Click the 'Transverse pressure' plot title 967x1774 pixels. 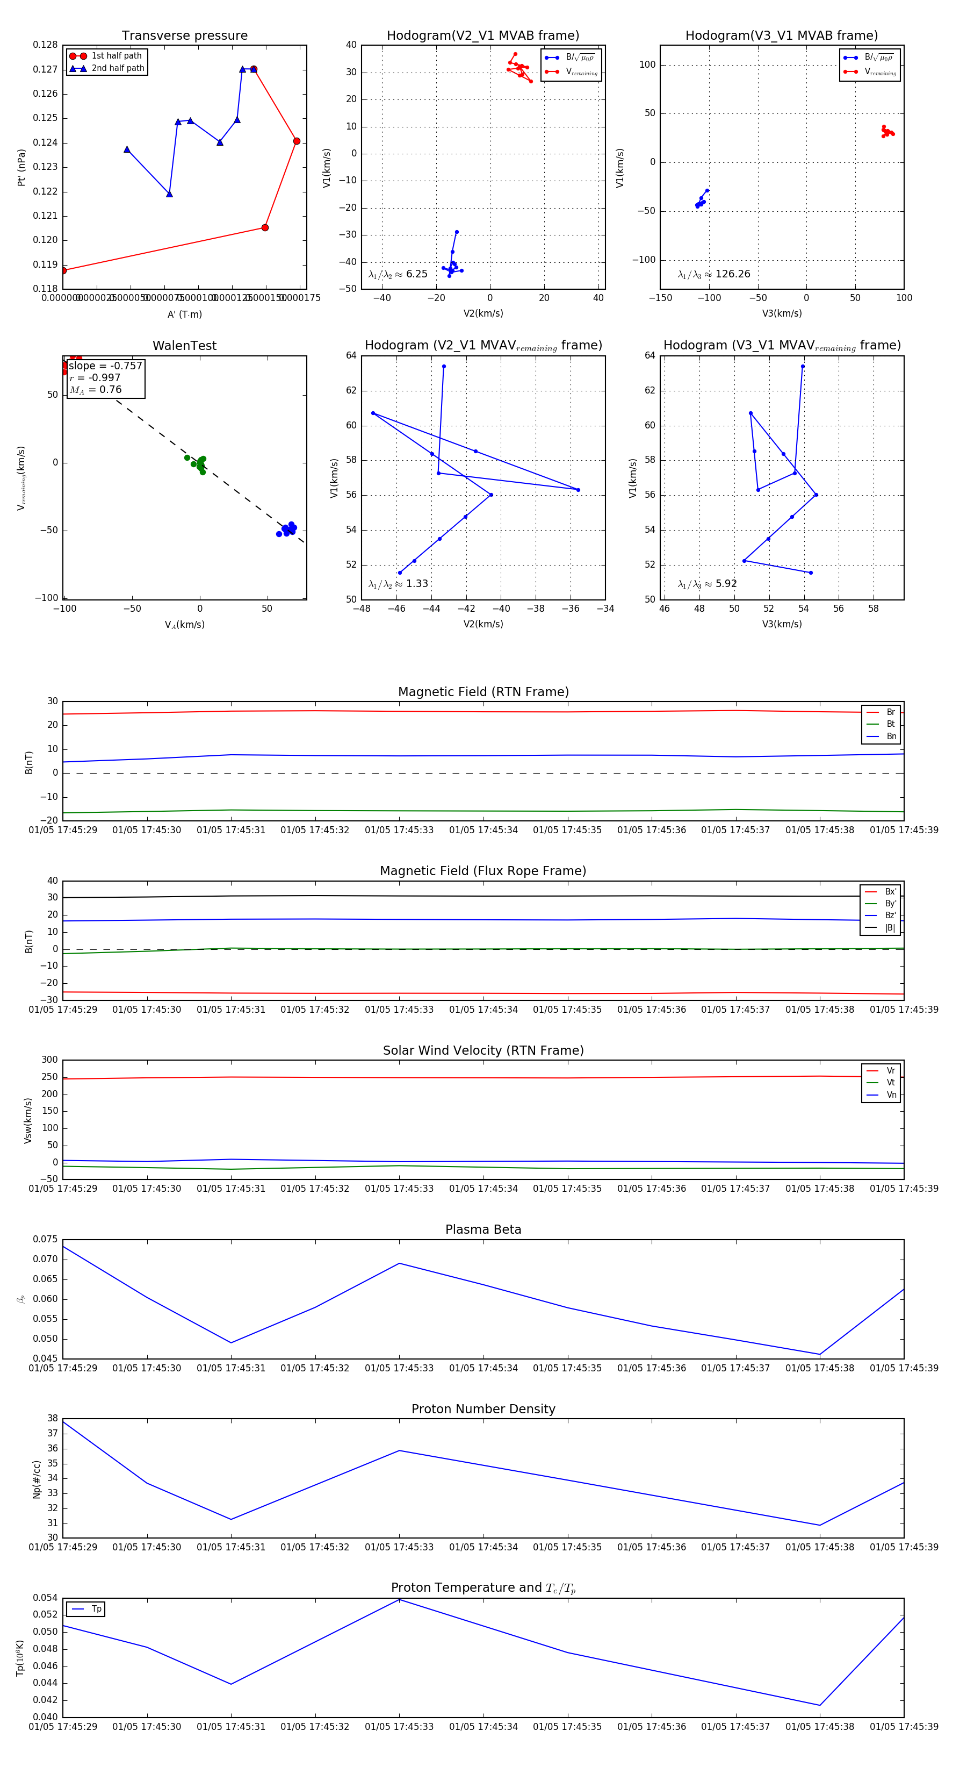[184, 36]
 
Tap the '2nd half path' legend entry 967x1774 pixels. [118, 68]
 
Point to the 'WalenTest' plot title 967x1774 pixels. [184, 346]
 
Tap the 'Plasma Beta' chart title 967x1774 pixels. [483, 1229]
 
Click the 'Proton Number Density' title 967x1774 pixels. [483, 1409]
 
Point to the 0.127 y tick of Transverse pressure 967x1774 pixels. [46, 69]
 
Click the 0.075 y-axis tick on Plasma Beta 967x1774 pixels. [46, 1239]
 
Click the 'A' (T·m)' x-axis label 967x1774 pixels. [184, 314]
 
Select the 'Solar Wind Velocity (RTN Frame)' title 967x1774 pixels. [483, 1050]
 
